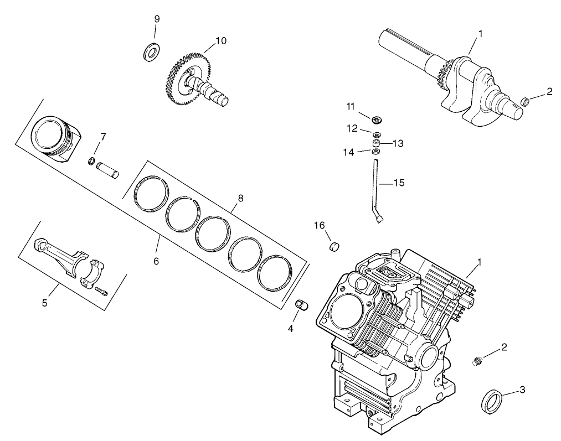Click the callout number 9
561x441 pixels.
(x=157, y=19)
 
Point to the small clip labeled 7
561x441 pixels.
(x=92, y=161)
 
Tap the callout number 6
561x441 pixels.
(x=156, y=261)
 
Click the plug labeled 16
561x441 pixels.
(x=334, y=246)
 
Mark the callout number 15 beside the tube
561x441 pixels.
(x=399, y=182)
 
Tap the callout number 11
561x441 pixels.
(x=350, y=106)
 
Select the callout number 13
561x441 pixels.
(x=399, y=143)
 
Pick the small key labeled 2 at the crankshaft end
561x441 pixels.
(x=523, y=101)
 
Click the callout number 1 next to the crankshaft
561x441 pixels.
(x=480, y=33)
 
